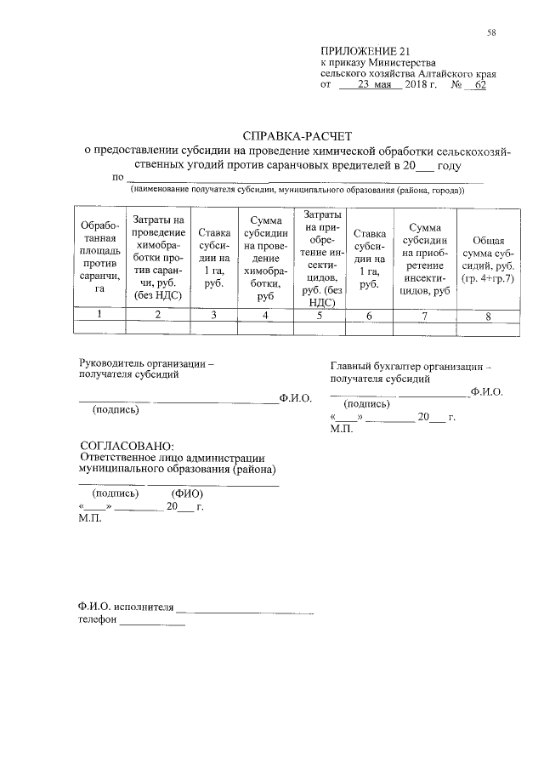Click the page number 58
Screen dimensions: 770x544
pos(491,33)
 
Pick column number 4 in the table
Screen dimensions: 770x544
pos(266,315)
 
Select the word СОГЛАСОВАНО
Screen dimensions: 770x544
pos(126,446)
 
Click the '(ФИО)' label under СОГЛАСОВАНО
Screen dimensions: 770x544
pos(187,494)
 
